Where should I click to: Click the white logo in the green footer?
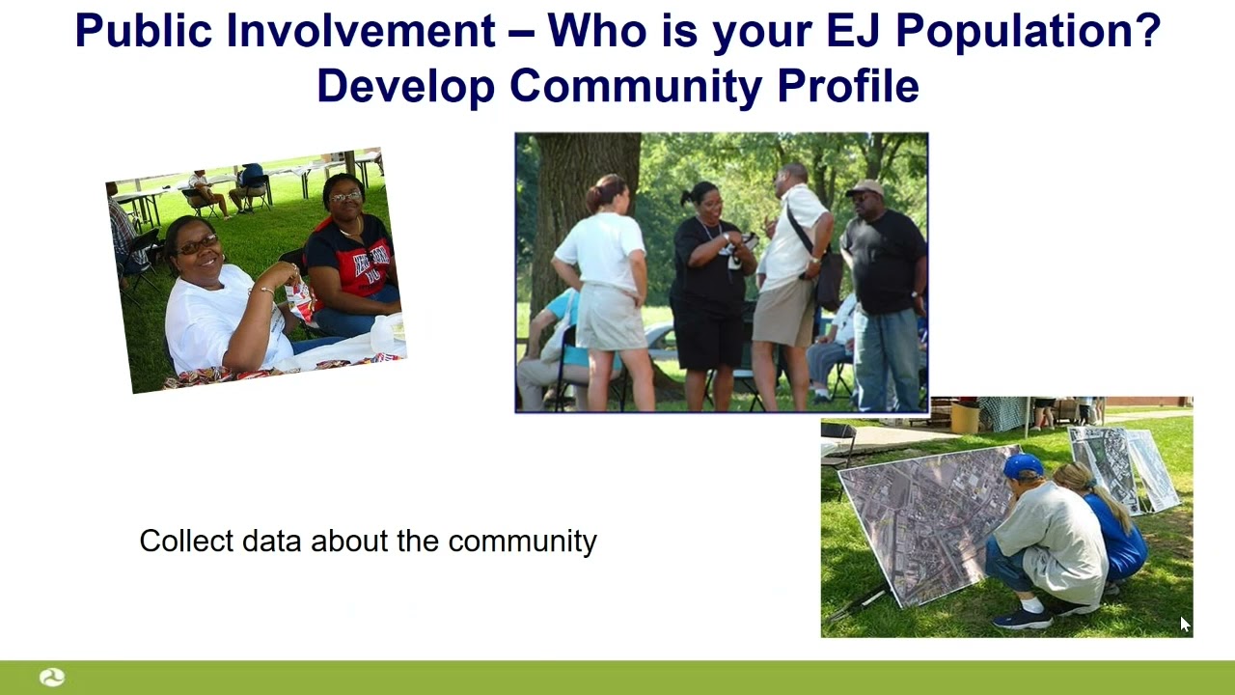[52, 678]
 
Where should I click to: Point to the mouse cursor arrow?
[1185, 625]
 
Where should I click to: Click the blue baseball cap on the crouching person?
[1022, 467]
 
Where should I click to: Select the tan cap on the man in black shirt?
[865, 188]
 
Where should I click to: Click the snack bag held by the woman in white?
[301, 300]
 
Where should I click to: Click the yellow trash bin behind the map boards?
[964, 417]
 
